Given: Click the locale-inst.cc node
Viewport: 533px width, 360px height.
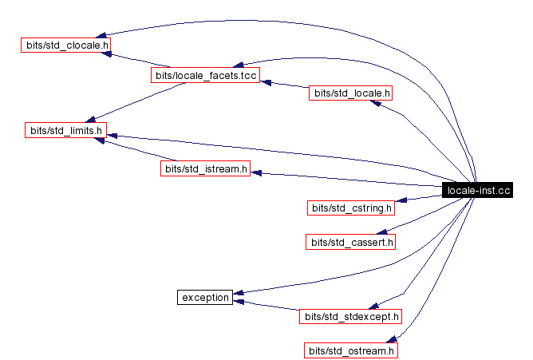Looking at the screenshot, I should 476,190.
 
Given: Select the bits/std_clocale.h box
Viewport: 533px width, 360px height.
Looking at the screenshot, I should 65,44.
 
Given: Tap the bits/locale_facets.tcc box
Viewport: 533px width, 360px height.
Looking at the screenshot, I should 205,75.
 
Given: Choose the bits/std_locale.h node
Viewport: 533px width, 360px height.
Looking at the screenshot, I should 352,93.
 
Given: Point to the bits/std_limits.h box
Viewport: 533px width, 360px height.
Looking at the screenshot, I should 65,129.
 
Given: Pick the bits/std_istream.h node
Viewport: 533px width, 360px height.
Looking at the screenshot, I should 205,168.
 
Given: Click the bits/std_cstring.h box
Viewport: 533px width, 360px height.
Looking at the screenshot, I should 351,208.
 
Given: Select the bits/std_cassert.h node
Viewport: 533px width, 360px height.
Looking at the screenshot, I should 351,241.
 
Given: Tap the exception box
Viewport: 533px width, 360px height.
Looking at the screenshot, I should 205,298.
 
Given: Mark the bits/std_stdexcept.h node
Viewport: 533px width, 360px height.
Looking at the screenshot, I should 351,316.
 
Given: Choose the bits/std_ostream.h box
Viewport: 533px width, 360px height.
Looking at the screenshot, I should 351,350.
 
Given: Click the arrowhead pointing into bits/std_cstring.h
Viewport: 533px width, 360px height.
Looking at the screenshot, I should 401,201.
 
